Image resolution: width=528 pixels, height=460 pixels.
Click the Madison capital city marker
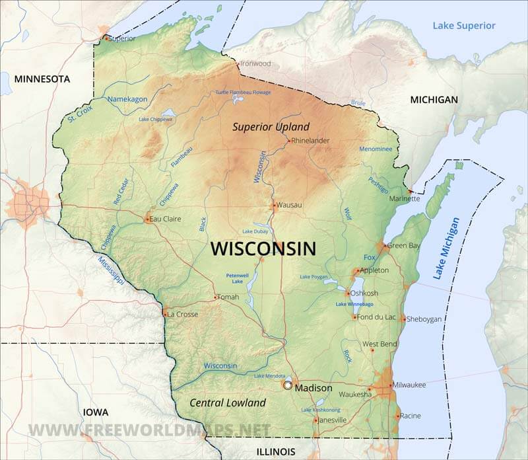(287, 384)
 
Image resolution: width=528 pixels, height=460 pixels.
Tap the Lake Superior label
(463, 26)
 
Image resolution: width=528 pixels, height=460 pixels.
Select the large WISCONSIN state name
(263, 249)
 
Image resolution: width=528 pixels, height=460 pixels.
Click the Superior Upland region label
(271, 126)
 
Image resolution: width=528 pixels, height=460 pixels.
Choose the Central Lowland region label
(228, 402)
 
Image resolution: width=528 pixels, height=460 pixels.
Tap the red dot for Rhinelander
(288, 140)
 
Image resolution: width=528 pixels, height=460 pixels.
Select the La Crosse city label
(182, 314)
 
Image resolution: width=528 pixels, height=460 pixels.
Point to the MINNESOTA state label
(42, 79)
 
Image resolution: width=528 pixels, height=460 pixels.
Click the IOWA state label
(96, 412)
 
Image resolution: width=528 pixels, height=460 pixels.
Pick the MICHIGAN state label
(434, 99)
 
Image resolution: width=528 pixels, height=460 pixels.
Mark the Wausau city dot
(274, 205)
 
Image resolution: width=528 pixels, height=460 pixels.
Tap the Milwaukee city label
(409, 385)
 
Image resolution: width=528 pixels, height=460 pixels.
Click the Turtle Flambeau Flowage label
(243, 93)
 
